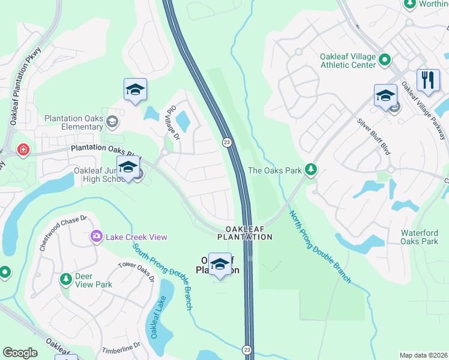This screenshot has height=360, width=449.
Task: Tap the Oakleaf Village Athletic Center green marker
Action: [x=385, y=60]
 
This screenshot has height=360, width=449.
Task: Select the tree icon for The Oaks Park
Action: [x=310, y=170]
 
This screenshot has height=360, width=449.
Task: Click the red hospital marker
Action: [x=23, y=149]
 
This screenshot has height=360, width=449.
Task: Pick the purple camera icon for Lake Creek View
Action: [x=96, y=237]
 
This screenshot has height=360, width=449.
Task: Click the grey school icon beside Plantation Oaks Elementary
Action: [x=112, y=122]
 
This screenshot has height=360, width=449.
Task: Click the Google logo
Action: [x=20, y=353]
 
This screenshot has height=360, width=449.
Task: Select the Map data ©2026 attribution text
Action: [x=423, y=355]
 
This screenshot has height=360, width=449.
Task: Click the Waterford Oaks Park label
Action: [x=421, y=237]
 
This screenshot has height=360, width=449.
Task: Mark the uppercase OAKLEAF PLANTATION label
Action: [x=249, y=233]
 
